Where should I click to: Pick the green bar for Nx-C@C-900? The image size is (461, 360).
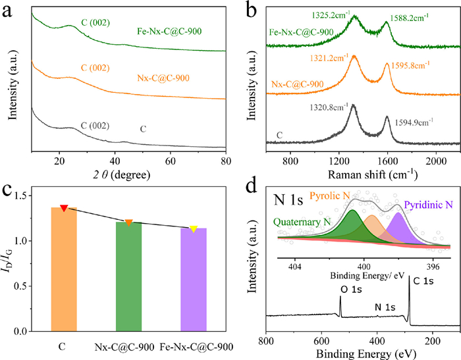coord(129,276)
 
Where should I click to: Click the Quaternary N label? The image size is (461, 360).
coord(300,222)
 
